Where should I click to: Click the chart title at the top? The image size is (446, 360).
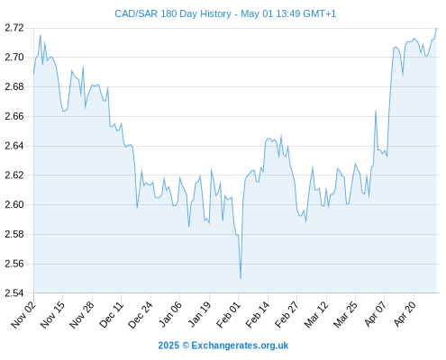pyautogui.click(x=225, y=13)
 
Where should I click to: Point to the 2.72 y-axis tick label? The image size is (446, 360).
pyautogui.click(x=14, y=28)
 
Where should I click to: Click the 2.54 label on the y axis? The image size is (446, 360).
pyautogui.click(x=14, y=293)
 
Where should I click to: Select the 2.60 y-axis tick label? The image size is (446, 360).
pyautogui.click(x=14, y=204)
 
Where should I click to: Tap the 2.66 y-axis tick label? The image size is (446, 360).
pyautogui.click(x=14, y=116)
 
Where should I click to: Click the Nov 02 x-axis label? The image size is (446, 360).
pyautogui.click(x=23, y=314)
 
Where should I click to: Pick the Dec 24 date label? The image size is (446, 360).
pyautogui.click(x=141, y=314)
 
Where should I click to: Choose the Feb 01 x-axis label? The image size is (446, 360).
pyautogui.click(x=229, y=314)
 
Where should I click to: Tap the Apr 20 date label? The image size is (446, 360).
pyautogui.click(x=405, y=314)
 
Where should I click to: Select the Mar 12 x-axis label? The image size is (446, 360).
pyautogui.click(x=316, y=314)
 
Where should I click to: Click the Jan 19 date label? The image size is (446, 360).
pyautogui.click(x=199, y=314)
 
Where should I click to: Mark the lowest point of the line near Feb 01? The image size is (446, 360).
pyautogui.click(x=241, y=279)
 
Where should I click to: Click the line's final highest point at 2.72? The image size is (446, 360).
pyautogui.click(x=436, y=28)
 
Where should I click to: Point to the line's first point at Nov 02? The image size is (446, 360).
pyautogui.click(x=33, y=74)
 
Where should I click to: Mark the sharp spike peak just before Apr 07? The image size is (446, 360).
pyautogui.click(x=376, y=111)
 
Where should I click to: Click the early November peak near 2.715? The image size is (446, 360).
pyautogui.click(x=41, y=35)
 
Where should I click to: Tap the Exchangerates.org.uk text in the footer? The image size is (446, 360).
pyautogui.click(x=240, y=346)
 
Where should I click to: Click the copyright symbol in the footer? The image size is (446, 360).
pyautogui.click(x=186, y=346)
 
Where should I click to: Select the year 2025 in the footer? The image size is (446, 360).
pyautogui.click(x=168, y=346)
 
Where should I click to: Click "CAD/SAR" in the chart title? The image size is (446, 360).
pyautogui.click(x=136, y=13)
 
